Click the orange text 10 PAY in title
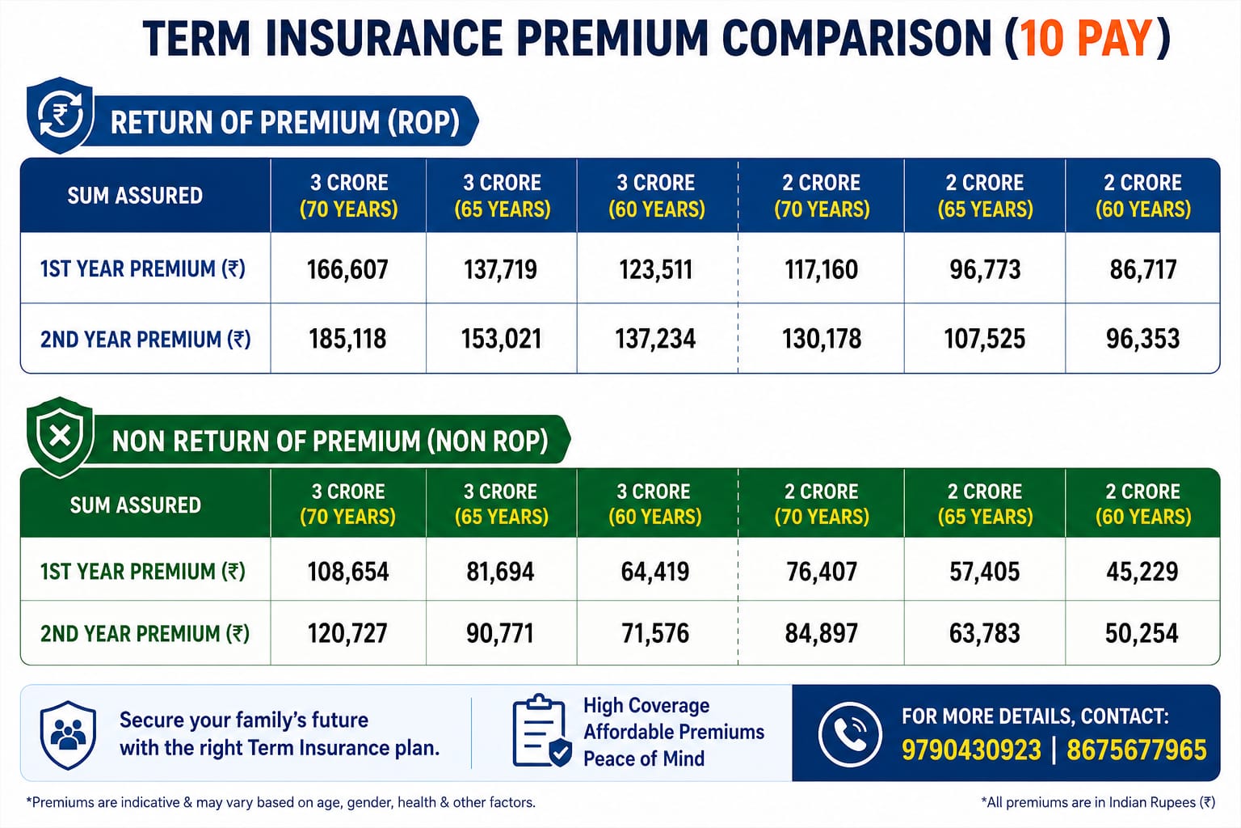tap(1087, 39)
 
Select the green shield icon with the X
tap(60, 437)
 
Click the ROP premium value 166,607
tap(347, 269)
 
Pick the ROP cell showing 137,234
tap(655, 339)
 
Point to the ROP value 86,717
tap(1143, 269)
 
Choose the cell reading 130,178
tap(822, 339)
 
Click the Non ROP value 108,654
tap(348, 572)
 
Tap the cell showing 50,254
tap(1142, 633)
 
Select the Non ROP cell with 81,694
tap(500, 572)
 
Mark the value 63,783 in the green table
tap(985, 633)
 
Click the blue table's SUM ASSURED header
tap(135, 196)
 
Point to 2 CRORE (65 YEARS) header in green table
tap(985, 504)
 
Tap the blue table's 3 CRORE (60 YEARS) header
tap(657, 196)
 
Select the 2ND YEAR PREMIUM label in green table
tap(145, 633)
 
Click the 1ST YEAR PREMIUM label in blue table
tap(142, 269)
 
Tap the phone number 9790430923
tap(971, 750)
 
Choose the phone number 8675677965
tap(1136, 750)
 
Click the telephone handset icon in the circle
tap(850, 734)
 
